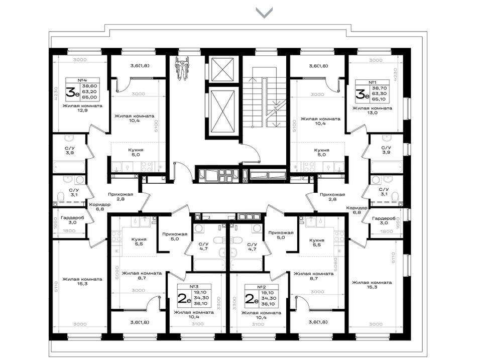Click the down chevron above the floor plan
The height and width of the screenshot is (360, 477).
[x=264, y=13]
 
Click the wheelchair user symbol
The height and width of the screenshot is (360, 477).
[x=182, y=69]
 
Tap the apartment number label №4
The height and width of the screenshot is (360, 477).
[x=81, y=80]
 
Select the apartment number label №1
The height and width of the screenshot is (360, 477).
[x=373, y=82]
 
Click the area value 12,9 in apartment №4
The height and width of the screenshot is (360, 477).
[x=82, y=110]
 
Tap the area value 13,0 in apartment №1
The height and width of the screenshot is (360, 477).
[x=373, y=112]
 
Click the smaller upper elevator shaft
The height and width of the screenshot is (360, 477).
[x=223, y=69]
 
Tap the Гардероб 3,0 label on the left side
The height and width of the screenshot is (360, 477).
[x=72, y=220]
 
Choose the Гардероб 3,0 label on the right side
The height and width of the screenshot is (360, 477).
[x=384, y=220]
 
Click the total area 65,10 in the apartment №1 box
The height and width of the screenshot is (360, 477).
[x=379, y=99]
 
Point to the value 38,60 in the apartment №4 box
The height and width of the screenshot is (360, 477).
[x=89, y=86]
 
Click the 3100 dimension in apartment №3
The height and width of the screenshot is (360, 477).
[x=198, y=324]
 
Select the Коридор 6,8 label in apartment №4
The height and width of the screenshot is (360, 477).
[x=99, y=207]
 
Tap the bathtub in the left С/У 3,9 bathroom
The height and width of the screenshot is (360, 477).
[x=69, y=167]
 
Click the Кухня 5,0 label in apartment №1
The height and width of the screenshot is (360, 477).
[x=321, y=152]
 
